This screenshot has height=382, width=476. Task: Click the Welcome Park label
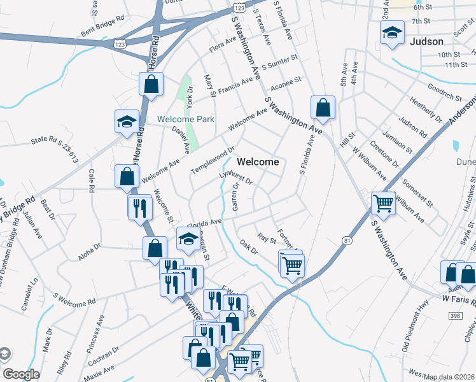point(186,119)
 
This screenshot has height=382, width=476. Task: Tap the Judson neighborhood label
point(426,41)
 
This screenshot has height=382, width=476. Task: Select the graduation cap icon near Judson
point(392,33)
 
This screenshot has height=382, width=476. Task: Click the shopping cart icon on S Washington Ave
point(383,204)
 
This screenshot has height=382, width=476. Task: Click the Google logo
point(21,374)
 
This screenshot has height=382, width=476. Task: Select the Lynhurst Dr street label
point(236,177)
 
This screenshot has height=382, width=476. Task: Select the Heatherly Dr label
point(426,110)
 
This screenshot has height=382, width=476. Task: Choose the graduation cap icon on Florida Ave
point(188,238)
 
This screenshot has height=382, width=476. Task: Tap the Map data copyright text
point(449,377)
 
